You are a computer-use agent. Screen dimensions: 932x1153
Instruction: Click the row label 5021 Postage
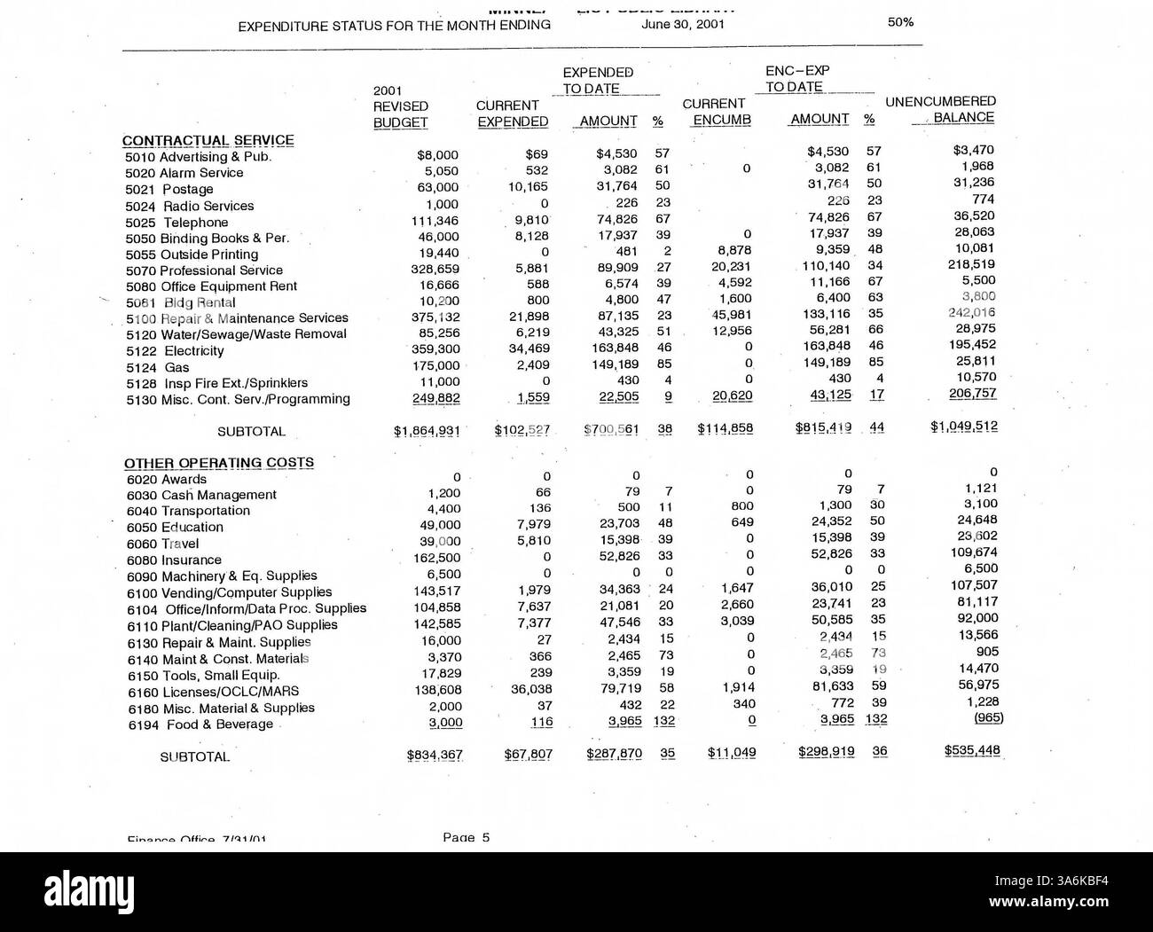click(169, 189)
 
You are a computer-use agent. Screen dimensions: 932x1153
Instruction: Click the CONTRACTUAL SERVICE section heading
click(208, 140)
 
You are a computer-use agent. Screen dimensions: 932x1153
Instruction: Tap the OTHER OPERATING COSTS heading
click(218, 463)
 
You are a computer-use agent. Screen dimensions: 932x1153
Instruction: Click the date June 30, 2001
click(682, 24)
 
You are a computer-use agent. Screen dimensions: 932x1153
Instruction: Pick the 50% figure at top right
click(900, 21)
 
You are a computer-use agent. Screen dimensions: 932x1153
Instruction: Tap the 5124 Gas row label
click(157, 367)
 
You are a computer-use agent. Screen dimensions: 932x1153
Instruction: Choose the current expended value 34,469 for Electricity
click(527, 349)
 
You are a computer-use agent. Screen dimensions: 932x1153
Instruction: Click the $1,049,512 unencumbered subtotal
click(963, 427)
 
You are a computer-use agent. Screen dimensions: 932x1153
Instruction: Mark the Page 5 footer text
click(466, 836)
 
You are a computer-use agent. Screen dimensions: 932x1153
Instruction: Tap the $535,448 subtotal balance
click(972, 751)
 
